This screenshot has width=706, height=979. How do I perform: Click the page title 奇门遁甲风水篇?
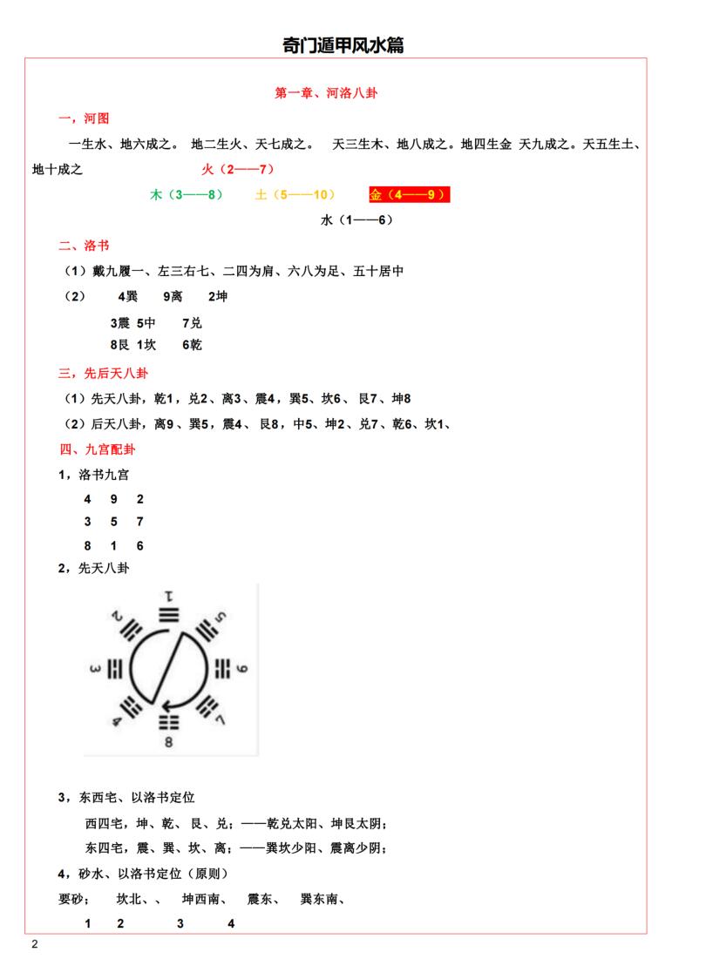pos(343,45)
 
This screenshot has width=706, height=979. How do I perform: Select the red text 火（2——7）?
pos(238,168)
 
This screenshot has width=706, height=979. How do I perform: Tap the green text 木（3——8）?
pos(187,194)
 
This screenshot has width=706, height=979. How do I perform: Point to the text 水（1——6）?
pos(356,220)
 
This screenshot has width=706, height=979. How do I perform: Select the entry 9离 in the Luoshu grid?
pos(173,297)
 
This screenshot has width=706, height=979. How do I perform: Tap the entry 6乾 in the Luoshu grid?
pos(192,345)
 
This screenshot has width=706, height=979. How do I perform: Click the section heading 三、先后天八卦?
pos(102,374)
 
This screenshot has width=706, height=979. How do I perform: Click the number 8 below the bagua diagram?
pos(168,742)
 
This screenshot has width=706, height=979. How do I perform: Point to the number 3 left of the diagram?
pos(94,669)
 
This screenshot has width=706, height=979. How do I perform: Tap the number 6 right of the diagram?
pos(242,669)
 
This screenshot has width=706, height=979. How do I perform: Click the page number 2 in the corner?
pos(34,945)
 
